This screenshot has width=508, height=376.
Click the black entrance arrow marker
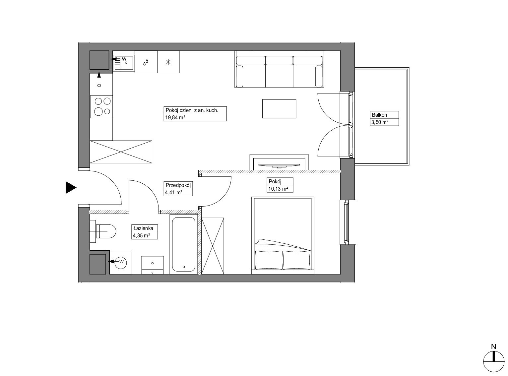click(71, 187)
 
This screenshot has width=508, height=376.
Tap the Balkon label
click(379, 115)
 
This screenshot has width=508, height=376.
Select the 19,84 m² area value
click(175, 118)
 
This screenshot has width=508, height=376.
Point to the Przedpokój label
click(178, 185)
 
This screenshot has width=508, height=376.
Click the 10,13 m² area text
click(278, 189)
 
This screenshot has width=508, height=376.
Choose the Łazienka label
click(143, 228)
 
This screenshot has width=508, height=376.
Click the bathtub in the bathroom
click(183, 244)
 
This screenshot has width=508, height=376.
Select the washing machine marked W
click(121, 263)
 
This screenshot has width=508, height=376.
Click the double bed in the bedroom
click(283, 235)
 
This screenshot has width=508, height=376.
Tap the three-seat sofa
click(279, 69)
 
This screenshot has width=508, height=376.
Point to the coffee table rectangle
click(279, 109)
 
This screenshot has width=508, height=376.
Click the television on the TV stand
click(279, 165)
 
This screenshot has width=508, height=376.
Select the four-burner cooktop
click(101, 107)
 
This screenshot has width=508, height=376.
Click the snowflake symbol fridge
click(168, 62)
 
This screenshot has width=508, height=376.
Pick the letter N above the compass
click(493, 347)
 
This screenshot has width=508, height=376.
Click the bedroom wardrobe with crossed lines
click(213, 246)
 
